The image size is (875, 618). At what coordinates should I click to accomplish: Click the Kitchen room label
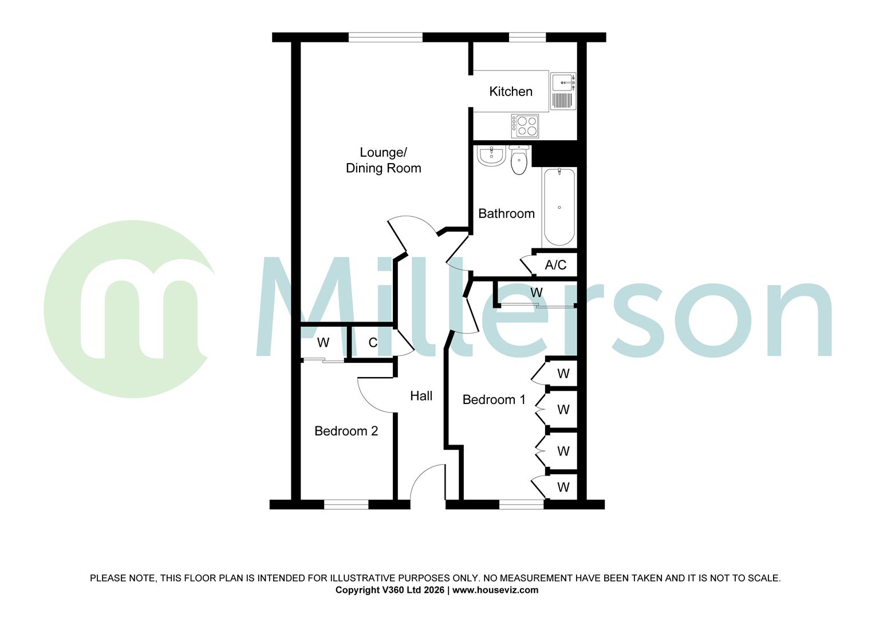(510, 92)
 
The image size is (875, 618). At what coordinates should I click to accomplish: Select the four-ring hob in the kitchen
(526, 126)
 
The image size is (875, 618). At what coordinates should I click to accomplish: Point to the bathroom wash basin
(491, 156)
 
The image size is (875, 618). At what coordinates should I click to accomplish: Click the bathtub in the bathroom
(559, 207)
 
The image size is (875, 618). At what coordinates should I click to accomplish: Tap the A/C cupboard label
(555, 265)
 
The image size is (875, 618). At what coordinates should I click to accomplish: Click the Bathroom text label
(506, 213)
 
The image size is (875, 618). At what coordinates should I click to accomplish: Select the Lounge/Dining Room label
(383, 160)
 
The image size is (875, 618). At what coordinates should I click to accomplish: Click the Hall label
(421, 396)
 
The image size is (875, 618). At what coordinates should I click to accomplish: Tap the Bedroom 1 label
(494, 399)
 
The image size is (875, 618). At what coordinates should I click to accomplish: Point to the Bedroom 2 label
(346, 431)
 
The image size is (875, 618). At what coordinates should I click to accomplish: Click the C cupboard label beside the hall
(373, 343)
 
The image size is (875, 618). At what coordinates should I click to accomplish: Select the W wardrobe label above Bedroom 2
(324, 343)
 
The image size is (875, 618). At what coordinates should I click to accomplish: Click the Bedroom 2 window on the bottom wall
(346, 504)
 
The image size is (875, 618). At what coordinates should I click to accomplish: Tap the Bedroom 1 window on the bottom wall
(521, 504)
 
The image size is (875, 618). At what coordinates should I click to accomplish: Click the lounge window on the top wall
(385, 37)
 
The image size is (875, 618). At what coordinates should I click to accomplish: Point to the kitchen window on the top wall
(527, 37)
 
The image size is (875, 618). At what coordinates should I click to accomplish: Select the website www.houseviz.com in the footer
(495, 590)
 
